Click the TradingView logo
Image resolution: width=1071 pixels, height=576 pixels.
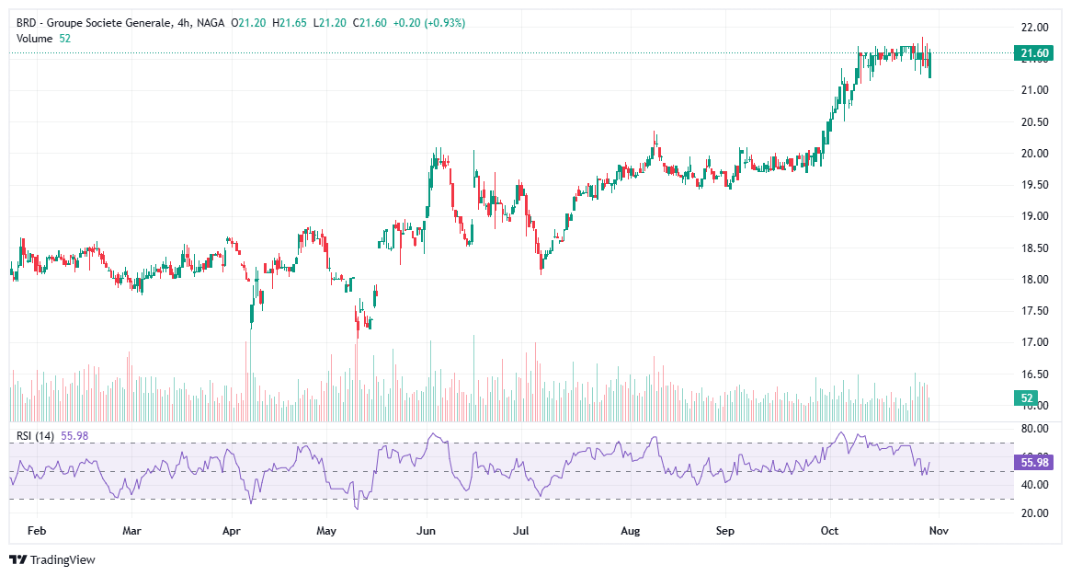pos(52,559)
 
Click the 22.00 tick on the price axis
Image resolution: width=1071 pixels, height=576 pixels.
pos(1035,27)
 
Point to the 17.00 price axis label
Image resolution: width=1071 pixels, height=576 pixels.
pos(1035,342)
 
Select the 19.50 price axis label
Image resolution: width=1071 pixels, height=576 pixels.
pos(1035,185)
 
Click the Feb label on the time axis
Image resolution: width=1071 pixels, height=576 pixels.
pos(37,531)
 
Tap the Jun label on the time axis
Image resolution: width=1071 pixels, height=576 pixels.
pos(425,531)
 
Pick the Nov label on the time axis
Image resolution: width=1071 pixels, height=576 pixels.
pos(938,531)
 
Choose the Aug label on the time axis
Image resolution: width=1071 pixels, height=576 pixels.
pos(630,531)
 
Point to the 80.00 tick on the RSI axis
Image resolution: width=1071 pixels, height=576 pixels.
pos(1035,429)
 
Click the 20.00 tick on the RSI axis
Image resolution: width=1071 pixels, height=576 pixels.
pos(1035,513)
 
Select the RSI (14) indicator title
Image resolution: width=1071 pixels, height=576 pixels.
pos(36,436)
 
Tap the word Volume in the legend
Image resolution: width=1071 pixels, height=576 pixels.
pos(35,38)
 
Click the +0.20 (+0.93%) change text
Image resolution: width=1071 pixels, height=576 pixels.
pos(428,22)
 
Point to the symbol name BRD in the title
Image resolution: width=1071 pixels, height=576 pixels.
pos(27,22)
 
